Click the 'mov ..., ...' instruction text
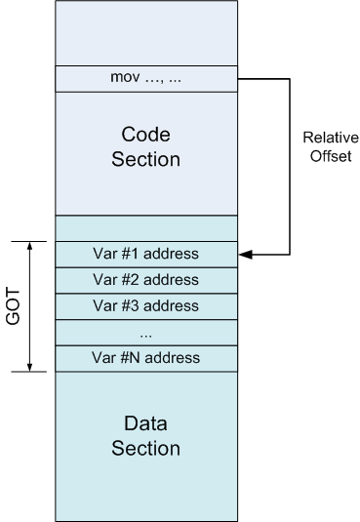click(146, 78)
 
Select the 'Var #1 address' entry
click(146, 254)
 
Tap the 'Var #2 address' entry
click(146, 280)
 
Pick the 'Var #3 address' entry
click(146, 305)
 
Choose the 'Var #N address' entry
click(146, 358)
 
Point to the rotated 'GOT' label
click(13, 306)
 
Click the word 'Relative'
click(331, 138)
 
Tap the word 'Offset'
click(331, 156)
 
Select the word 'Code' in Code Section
click(146, 135)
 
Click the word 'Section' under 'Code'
click(146, 159)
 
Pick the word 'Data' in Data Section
click(146, 423)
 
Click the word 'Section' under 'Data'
click(146, 448)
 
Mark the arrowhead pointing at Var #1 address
click(246, 255)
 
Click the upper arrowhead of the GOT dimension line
click(29, 246)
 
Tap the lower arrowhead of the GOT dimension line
click(29, 367)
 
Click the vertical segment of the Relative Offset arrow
click(290, 167)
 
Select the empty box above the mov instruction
click(146, 33)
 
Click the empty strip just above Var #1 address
click(146, 228)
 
